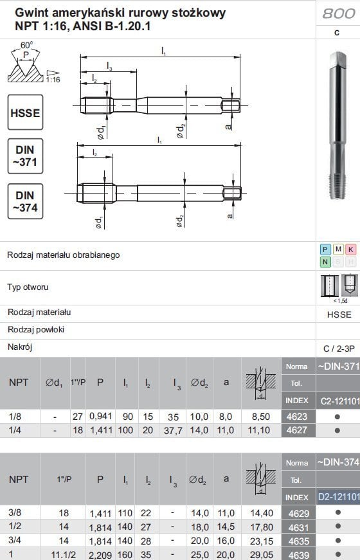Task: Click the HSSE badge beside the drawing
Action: tap(26, 113)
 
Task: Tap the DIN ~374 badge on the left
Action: tap(26, 201)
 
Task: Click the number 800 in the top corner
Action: tap(338, 14)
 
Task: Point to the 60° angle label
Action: tap(26, 45)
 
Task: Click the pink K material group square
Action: tap(350, 249)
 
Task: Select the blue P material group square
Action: tap(326, 249)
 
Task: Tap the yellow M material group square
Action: tap(338, 249)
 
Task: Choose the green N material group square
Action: tap(326, 262)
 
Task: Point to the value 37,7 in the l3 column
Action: tap(175, 429)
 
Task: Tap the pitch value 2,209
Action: tap(100, 554)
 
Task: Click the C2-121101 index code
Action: tap(338, 402)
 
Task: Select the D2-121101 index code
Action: tap(338, 496)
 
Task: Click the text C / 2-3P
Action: tap(338, 348)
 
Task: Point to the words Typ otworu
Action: tap(28, 287)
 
